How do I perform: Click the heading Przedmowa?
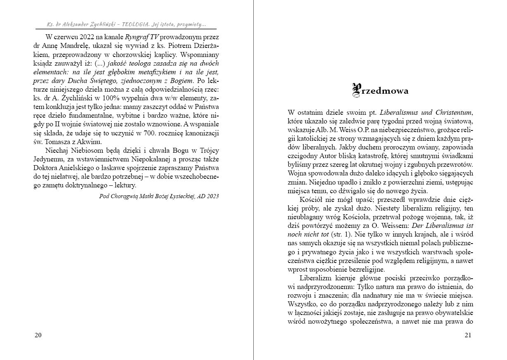click(x=380, y=90)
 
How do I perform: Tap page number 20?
click(x=38, y=335)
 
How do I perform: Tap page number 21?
click(x=468, y=335)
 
